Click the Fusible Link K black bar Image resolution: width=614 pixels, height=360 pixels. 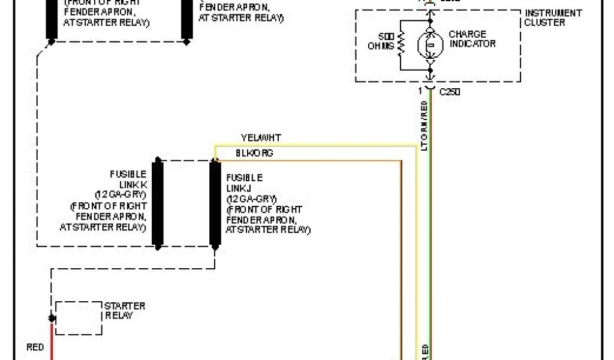[158, 203]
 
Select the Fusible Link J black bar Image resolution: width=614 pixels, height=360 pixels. [214, 203]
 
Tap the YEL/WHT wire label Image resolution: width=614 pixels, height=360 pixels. [261, 138]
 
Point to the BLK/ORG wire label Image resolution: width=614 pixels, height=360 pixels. [254, 153]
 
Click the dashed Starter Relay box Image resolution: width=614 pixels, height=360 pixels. [79, 318]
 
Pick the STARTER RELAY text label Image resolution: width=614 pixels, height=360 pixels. [125, 311]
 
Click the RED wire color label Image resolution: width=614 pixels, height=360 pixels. [35, 347]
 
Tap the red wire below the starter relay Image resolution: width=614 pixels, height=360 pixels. [52, 345]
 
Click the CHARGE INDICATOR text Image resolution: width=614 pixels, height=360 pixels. [472, 39]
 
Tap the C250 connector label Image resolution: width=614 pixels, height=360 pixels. [450, 92]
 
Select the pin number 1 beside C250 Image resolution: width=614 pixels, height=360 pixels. [420, 91]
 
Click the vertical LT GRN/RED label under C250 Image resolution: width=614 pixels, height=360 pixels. [424, 126]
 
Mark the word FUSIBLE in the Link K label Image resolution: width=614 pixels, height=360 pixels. [128, 175]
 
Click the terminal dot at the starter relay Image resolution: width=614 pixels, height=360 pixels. [52, 319]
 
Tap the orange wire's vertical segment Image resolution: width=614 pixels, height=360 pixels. [401, 258]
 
